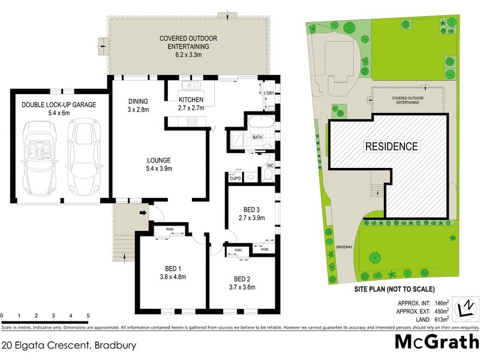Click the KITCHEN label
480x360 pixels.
(x=191, y=100)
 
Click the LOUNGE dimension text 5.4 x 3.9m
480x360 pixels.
(x=160, y=169)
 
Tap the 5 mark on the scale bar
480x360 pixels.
(x=88, y=315)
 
